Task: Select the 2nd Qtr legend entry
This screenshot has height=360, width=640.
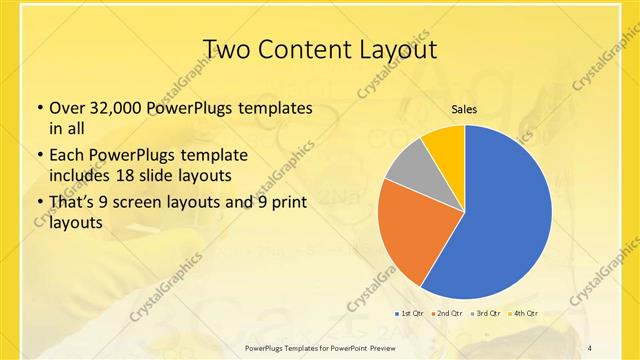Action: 447,313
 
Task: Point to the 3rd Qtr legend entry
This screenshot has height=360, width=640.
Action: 485,313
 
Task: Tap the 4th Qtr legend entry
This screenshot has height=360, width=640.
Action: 523,313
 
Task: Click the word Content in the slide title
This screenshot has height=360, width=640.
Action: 305,49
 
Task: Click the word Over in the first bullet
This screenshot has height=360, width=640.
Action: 67,108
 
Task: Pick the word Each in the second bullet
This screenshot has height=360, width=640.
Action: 67,156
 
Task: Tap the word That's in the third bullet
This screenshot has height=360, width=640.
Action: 73,203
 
